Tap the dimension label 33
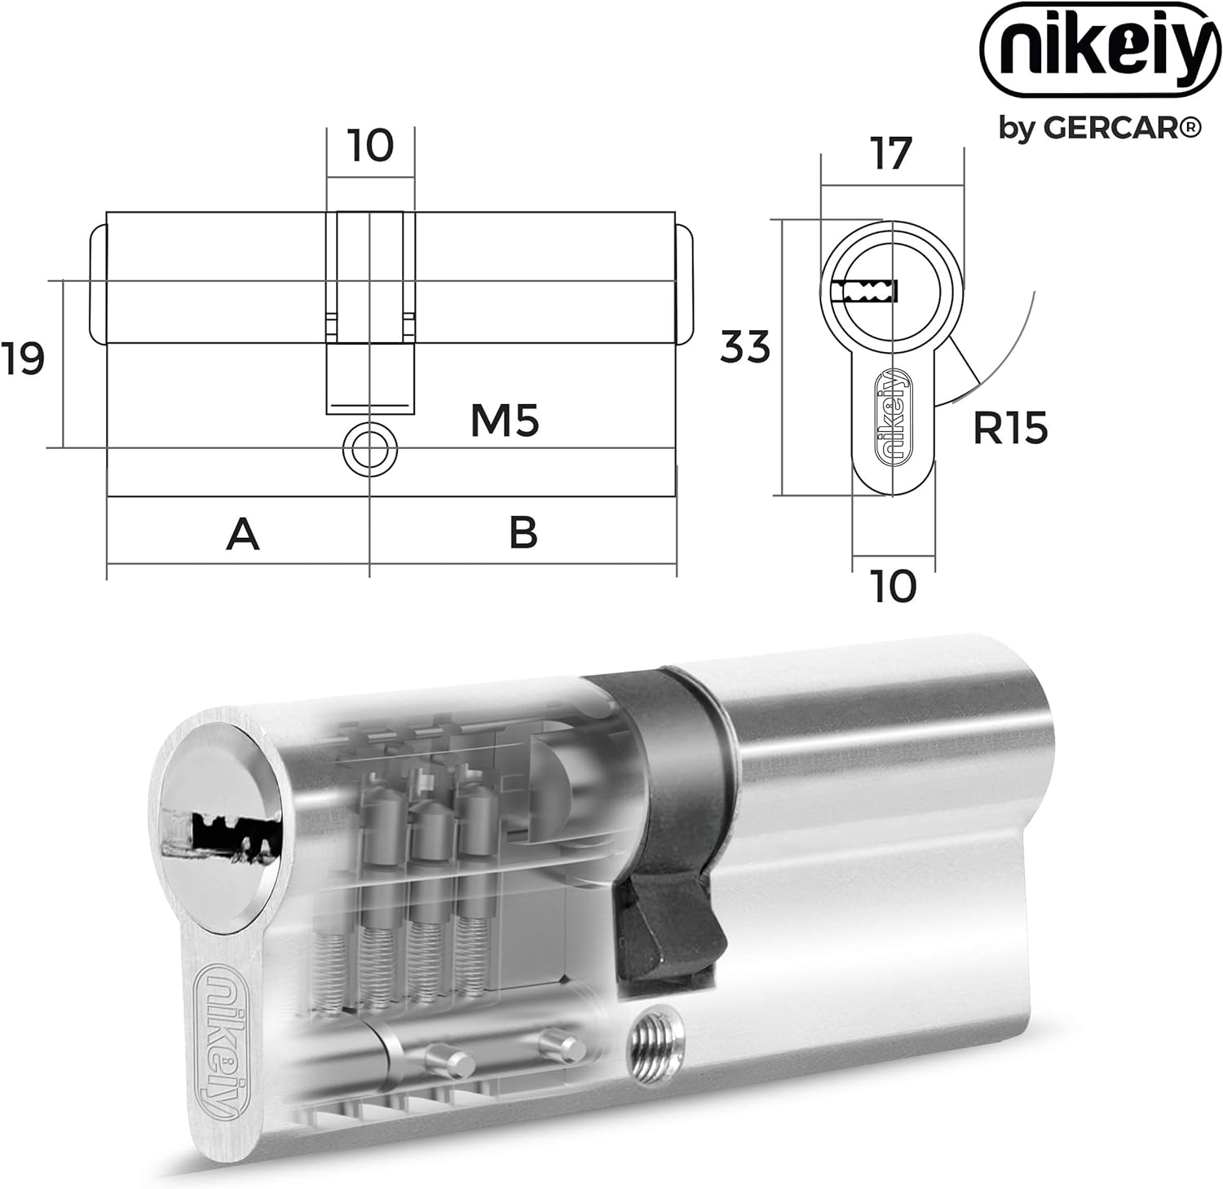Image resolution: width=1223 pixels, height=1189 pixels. click(745, 347)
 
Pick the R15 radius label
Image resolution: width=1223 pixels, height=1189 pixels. click(1010, 428)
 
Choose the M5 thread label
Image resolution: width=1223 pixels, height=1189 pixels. click(505, 421)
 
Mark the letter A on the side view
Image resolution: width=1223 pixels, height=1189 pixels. click(243, 534)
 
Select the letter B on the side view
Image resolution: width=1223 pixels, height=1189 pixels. click(523, 532)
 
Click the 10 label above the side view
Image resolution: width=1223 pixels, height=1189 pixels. click(371, 146)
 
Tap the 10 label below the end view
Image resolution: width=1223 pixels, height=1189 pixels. click(894, 586)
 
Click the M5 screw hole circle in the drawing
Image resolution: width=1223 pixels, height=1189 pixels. click(369, 448)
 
